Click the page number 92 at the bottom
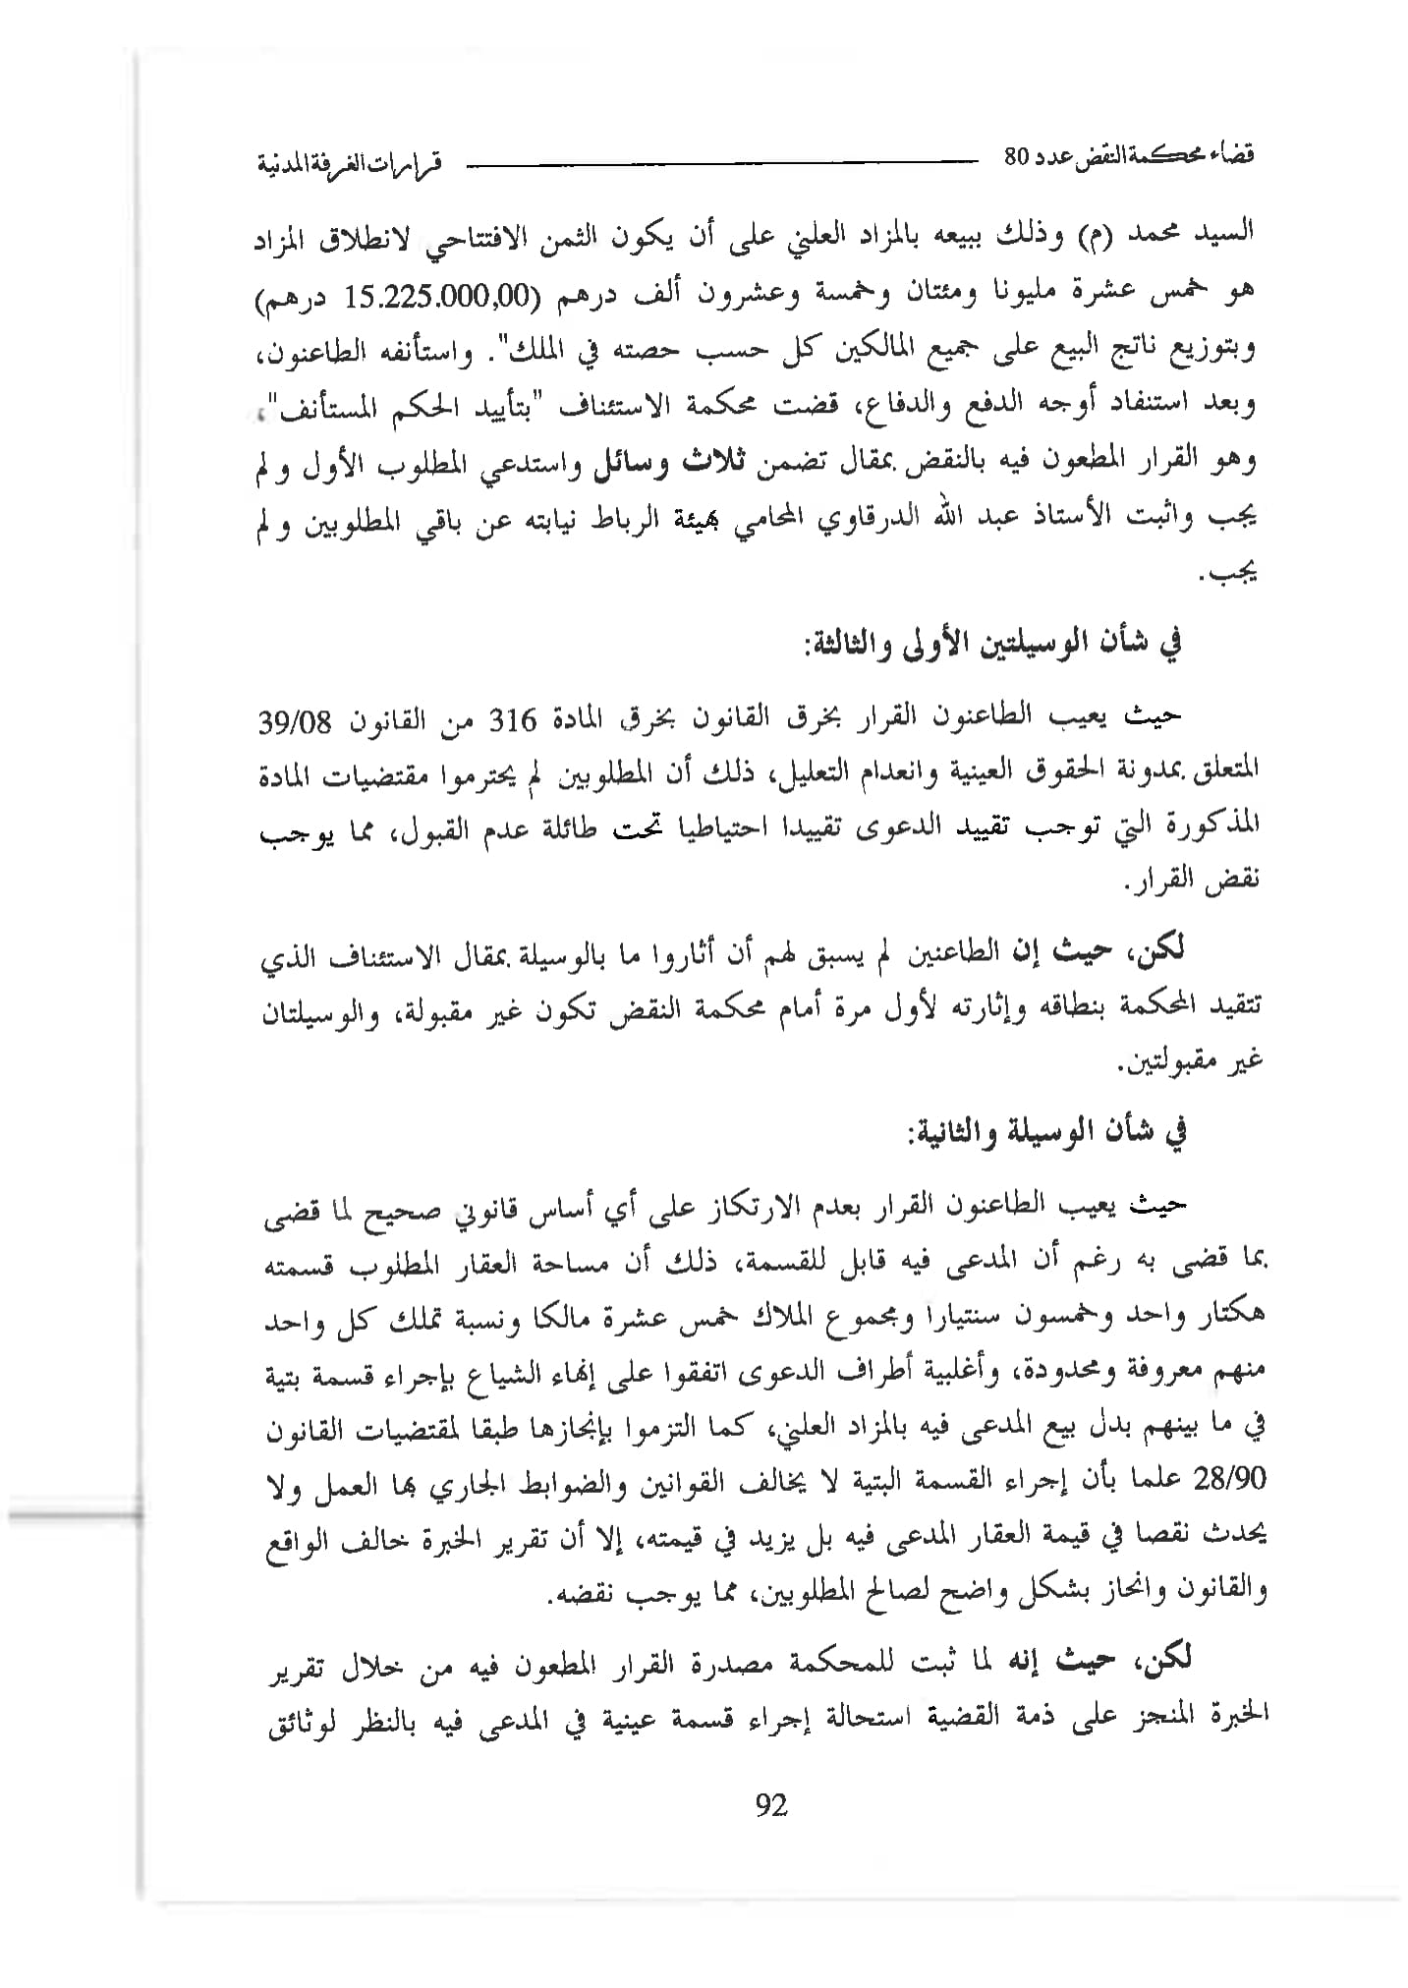(x=771, y=1805)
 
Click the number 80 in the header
(x=1016, y=157)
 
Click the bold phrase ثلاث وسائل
(x=672, y=462)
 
